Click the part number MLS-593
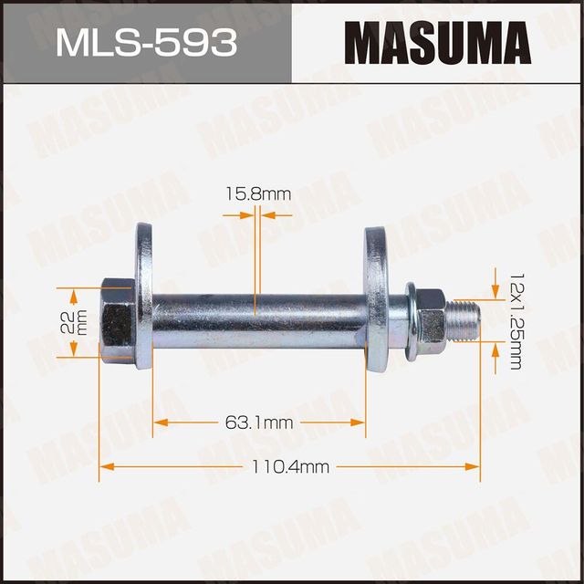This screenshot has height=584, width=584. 145,42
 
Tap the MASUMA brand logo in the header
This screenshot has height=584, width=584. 438,42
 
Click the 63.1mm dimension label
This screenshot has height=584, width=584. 259,422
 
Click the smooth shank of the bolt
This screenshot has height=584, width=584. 255,318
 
